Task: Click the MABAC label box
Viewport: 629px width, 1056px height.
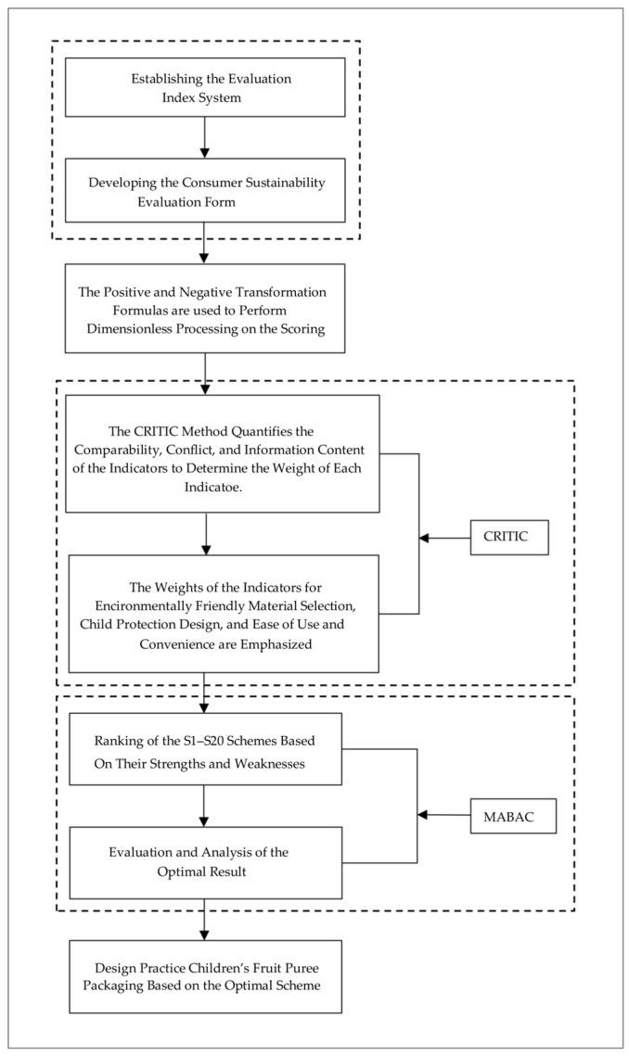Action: pos(511,815)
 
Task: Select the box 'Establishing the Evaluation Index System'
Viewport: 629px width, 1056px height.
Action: pos(204,87)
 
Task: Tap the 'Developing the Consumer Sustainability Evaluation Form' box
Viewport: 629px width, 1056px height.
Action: pos(204,191)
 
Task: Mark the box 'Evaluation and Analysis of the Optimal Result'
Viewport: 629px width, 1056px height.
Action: pos(204,864)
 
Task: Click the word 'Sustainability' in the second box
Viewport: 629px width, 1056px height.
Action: pos(281,183)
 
